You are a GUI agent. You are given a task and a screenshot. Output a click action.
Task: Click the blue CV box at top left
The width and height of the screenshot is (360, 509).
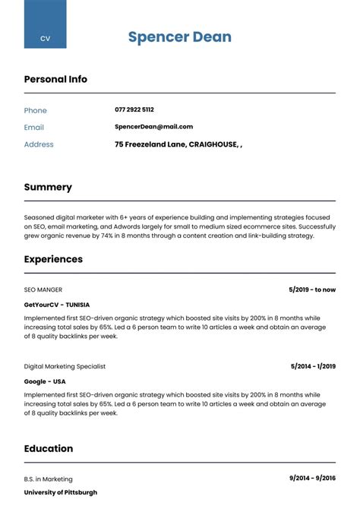(45, 24)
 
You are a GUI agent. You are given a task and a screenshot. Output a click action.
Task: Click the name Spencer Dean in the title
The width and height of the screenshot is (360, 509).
(179, 37)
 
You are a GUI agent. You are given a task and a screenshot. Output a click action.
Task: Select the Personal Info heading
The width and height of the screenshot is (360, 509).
(55, 79)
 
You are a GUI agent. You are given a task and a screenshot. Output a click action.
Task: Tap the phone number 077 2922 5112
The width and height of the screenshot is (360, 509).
(134, 109)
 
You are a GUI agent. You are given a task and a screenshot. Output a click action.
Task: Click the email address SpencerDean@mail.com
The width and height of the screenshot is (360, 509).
(153, 127)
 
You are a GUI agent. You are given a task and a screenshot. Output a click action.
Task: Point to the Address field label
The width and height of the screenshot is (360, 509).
(39, 144)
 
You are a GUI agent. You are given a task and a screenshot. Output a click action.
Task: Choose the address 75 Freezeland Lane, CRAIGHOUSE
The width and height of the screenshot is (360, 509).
(178, 144)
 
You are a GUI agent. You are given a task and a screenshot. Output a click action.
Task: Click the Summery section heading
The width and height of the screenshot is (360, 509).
(48, 187)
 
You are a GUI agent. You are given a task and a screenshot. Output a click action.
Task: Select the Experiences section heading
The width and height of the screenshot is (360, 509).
(53, 259)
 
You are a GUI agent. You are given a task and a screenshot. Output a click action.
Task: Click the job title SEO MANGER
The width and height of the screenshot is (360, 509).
(43, 289)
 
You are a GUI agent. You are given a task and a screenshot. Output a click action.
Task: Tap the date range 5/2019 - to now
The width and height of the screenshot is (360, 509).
(312, 289)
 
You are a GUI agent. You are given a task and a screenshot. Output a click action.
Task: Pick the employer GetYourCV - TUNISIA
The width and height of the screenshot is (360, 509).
(61, 304)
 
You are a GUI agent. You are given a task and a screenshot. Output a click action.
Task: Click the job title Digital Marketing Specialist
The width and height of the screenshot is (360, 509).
(65, 366)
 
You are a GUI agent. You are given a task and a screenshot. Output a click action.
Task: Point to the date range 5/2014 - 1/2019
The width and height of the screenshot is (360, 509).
(313, 366)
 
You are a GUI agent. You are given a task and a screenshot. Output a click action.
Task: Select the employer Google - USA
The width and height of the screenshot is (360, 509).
(45, 381)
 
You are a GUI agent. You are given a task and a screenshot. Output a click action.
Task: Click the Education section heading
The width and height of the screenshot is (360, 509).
(49, 448)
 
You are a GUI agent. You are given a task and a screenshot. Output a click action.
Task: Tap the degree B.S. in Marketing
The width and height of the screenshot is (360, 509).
(49, 479)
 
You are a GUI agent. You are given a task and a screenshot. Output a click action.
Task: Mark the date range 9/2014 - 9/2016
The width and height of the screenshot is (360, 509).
(312, 479)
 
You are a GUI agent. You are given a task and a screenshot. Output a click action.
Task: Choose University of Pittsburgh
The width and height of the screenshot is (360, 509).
(61, 492)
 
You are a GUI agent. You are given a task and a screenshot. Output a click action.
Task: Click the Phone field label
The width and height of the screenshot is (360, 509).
(36, 110)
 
